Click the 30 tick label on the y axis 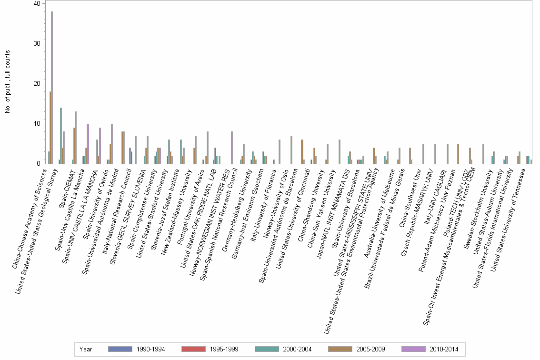[37, 44]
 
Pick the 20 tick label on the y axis [37, 84]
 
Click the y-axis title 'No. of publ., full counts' [8, 83]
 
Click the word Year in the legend [86, 349]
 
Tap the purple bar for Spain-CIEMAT [76, 138]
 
